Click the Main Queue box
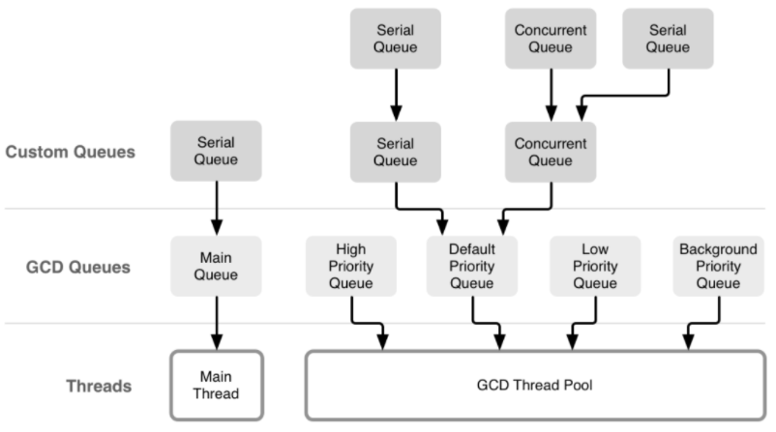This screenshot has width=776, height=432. coord(216,266)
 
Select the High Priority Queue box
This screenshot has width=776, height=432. coord(351,266)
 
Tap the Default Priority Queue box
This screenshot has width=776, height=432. coord(472,266)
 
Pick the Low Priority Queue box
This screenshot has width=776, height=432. coord(595,266)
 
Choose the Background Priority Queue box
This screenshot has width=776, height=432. coord(718,266)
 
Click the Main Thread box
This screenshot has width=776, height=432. coord(217,385)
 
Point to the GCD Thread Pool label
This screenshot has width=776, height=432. coord(534,385)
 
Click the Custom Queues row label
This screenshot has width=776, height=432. coord(71,152)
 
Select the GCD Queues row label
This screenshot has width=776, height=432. coord(78,267)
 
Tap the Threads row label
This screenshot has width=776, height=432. coord(99,386)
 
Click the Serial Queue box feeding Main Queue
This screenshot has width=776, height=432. coord(216,151)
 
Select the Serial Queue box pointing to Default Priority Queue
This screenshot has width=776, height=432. coord(396,152)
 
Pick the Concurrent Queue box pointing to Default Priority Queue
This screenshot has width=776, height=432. coord(551,152)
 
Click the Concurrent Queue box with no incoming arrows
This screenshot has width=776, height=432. coord(551,39)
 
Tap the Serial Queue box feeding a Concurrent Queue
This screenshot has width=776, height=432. coord(668,39)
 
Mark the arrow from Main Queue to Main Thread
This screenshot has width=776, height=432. coord(217,323)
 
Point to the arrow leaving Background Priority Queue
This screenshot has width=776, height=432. coord(703,324)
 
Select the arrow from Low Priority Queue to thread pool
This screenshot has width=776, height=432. coord(584,324)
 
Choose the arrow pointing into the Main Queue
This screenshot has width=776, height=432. coord(217,208)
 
